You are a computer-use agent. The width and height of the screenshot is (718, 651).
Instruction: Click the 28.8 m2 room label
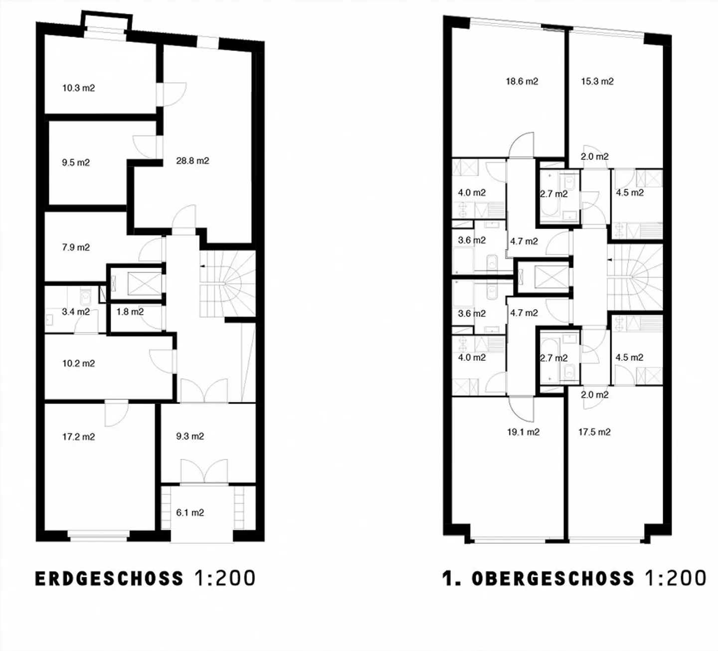pos(192,161)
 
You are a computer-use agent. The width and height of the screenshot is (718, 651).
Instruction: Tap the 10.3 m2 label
pos(78,88)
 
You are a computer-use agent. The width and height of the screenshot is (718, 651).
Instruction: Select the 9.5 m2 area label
pos(76,163)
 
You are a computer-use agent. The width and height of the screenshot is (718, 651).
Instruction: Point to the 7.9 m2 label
pos(76,247)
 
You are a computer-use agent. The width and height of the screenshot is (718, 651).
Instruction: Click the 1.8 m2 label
pos(130,312)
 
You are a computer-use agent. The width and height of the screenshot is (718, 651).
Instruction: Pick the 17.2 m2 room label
pos(78,437)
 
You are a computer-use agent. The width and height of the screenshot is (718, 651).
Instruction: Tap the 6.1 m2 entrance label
pos(190,512)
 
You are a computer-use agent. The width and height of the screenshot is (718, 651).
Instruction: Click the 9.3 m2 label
pos(190,436)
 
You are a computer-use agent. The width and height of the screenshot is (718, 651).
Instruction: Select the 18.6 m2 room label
pos(522,81)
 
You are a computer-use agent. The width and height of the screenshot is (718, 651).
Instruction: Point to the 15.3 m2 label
pos(597,81)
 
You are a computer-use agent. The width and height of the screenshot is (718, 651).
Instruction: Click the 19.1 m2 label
pos(523,432)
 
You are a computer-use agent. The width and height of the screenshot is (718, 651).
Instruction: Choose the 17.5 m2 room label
pos(594,432)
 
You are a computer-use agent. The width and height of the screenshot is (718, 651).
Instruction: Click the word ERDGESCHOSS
pos(109,579)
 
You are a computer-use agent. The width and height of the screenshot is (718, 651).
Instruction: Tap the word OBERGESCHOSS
pos(553,579)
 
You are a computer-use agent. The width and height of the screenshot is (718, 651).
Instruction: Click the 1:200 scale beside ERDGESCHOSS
pos(225,578)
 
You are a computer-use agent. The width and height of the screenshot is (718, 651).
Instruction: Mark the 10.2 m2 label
pos(78,363)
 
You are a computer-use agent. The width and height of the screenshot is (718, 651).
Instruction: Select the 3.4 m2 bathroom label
pos(76,312)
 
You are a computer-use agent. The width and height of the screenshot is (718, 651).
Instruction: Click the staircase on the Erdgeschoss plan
pos(227,284)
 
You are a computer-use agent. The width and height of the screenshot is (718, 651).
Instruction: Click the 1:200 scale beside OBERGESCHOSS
pos(676,578)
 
